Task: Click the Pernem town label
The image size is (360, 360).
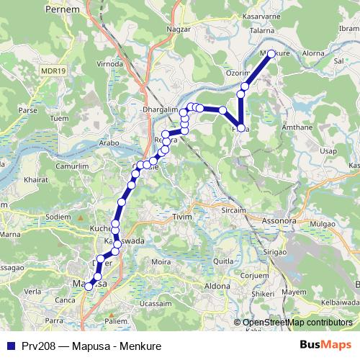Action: [60, 11]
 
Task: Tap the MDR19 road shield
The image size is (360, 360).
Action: [53, 71]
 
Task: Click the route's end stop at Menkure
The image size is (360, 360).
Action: [271, 53]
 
